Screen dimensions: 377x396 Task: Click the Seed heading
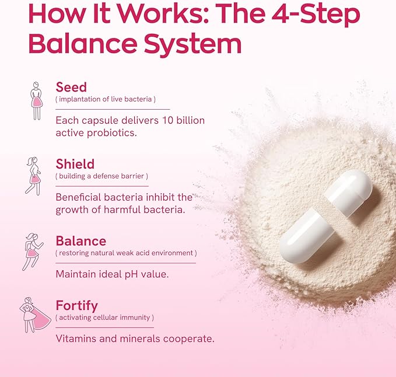coord(71,88)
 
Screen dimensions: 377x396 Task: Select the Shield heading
coord(75,164)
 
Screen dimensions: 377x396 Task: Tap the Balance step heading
coord(80,241)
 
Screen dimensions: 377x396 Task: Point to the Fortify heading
coord(76,305)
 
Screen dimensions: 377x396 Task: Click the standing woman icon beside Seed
coord(37,100)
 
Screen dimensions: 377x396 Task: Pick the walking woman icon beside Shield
coord(33,175)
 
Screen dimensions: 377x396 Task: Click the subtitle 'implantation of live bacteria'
coord(105,100)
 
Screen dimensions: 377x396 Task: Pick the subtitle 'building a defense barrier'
coord(102,176)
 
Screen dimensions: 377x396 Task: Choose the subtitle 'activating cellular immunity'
coord(105,317)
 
